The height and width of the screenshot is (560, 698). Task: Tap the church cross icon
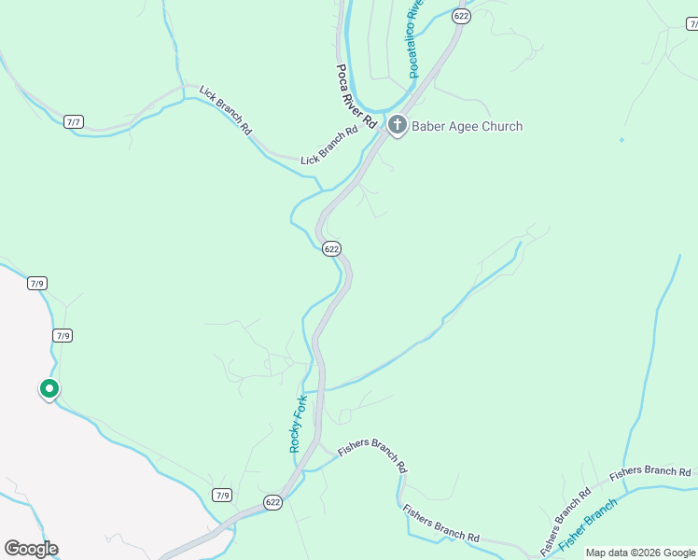point(397,125)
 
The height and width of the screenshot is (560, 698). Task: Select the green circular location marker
point(49,389)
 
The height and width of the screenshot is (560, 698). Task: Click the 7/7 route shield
point(74,122)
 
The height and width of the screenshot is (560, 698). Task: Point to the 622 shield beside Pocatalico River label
point(460,16)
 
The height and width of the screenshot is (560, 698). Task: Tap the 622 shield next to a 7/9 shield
point(272,502)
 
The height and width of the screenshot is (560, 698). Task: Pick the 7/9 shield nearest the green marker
point(63,336)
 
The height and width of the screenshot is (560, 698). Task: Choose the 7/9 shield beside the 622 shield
point(221,495)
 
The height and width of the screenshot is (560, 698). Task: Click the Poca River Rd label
point(356,96)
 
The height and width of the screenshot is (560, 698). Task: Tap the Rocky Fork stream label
point(298,424)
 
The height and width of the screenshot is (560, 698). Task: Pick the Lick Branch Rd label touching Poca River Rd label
point(329,147)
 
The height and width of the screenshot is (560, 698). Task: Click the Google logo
point(31,549)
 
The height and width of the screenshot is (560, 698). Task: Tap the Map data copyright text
point(640,553)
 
